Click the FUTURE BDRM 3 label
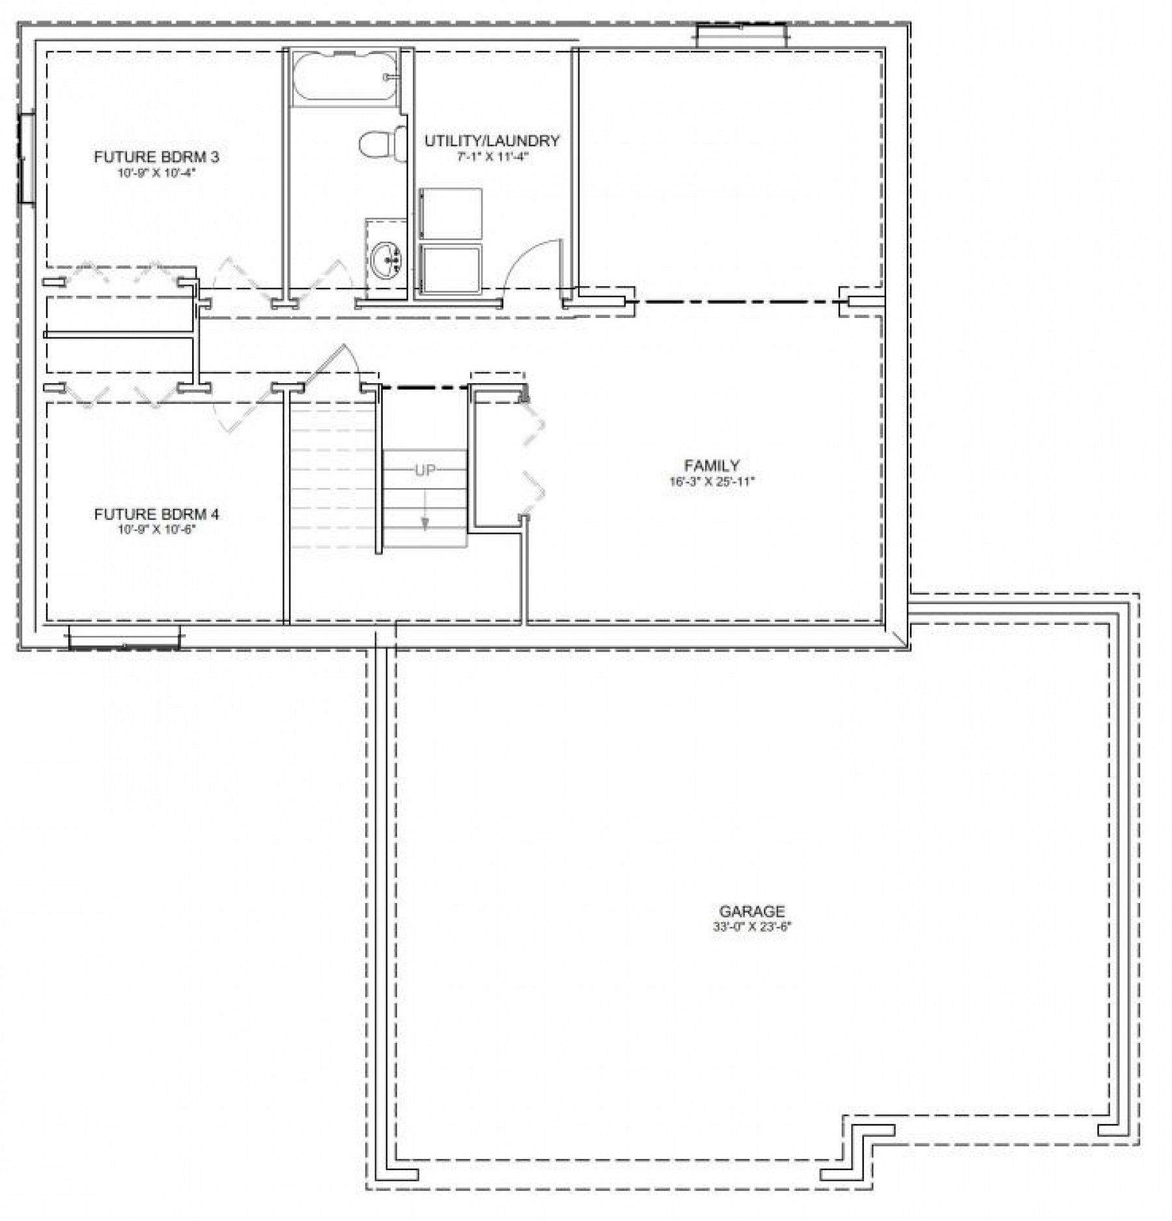coord(156,157)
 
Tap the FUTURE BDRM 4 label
coord(156,515)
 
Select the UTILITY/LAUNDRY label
coord(492,141)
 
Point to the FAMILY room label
coord(712,466)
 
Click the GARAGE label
coord(751,911)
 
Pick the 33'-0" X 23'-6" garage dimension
coord(751,927)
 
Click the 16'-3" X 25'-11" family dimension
coord(712,482)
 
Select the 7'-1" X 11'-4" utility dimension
coord(492,156)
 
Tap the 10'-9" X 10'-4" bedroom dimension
coord(156,173)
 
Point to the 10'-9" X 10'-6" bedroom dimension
coord(156,530)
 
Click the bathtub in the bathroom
coord(344,76)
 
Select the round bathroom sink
coord(387,260)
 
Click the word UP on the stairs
coord(425,470)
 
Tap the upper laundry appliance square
coord(451,214)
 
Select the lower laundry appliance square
coord(451,269)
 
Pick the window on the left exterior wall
coord(27,158)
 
